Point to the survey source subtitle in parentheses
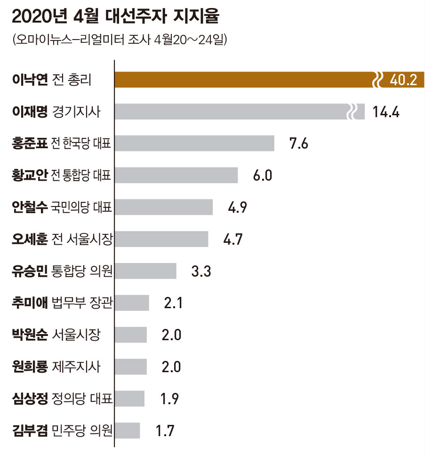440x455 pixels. [x=120, y=40]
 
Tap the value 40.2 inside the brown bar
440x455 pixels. [x=403, y=80]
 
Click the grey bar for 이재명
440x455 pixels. [x=231, y=112]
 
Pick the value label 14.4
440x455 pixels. [x=385, y=112]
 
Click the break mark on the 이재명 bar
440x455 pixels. [x=352, y=112]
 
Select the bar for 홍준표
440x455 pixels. [x=194, y=143]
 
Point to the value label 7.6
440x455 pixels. [x=298, y=144]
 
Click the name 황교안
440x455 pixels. [x=30, y=175]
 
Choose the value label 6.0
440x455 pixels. [x=263, y=176]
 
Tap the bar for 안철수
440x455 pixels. [x=164, y=207]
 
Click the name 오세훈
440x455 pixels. [x=30, y=239]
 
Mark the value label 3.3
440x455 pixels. [x=201, y=271]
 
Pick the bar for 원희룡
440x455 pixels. [x=131, y=367]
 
